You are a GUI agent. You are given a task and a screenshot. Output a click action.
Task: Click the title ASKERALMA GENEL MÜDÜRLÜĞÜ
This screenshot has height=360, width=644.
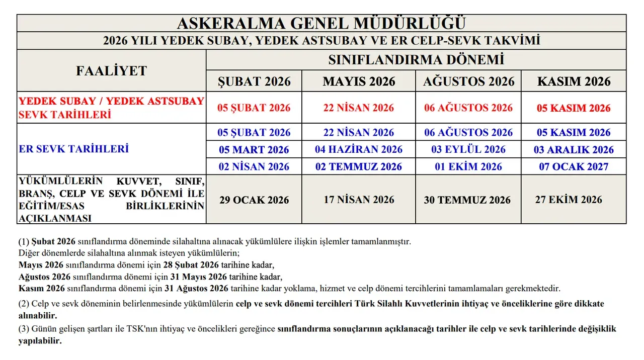[x=321, y=23]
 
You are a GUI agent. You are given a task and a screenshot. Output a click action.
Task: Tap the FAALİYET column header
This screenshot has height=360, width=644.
[x=111, y=71]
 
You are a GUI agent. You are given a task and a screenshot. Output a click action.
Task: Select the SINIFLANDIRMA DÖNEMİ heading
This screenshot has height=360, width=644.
[x=416, y=60]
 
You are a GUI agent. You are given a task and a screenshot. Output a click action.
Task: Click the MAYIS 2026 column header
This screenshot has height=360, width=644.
[x=359, y=81]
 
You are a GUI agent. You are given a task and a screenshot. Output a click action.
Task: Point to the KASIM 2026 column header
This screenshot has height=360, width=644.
[x=574, y=81]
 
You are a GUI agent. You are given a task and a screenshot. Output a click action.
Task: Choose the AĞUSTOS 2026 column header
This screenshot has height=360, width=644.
[x=468, y=81]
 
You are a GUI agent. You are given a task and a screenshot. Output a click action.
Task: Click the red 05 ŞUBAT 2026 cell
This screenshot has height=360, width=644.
[x=254, y=108]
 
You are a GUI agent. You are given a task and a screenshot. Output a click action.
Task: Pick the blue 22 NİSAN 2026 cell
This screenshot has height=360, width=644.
[x=359, y=133]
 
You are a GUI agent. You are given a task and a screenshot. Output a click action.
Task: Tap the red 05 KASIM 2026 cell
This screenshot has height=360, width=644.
[x=574, y=108]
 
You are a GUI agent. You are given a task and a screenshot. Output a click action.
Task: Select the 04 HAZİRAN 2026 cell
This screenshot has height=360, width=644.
[x=359, y=149]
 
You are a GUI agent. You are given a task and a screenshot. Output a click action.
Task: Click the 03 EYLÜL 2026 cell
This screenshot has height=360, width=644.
[x=468, y=149]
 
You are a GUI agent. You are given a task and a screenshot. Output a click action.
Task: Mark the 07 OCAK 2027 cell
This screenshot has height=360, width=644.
[x=574, y=166]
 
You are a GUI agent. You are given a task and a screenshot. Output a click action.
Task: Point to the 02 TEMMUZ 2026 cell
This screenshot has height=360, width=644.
[x=359, y=166]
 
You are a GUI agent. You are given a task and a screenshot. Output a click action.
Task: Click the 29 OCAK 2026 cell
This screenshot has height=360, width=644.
[x=254, y=200]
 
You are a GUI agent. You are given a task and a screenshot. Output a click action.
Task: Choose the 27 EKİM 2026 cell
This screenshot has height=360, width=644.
[x=569, y=199]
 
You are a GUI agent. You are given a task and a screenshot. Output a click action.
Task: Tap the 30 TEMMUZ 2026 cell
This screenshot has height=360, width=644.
[x=467, y=200]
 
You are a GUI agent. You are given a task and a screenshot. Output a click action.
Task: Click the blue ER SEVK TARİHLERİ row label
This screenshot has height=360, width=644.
[x=73, y=149]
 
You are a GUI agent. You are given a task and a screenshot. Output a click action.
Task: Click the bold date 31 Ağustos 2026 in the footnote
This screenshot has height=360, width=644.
[x=197, y=289]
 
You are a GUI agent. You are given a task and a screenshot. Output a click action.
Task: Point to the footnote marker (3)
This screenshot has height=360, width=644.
[x=24, y=329]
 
